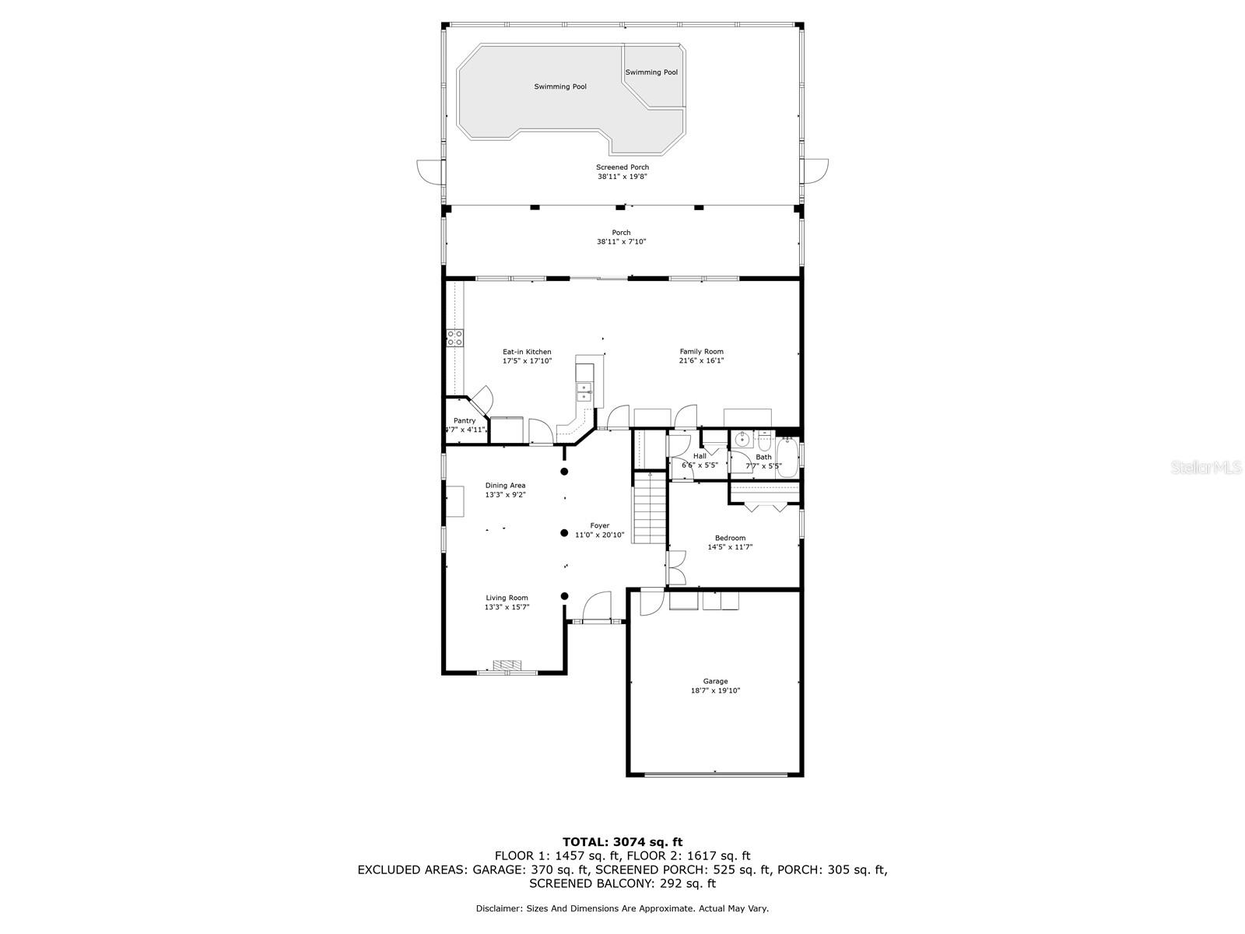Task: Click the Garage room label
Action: (x=714, y=681)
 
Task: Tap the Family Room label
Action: (x=702, y=352)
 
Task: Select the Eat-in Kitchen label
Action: (x=527, y=352)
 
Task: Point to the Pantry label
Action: (x=465, y=421)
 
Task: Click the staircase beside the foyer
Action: (x=650, y=507)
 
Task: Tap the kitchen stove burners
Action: (x=454, y=338)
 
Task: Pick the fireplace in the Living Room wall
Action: (x=507, y=665)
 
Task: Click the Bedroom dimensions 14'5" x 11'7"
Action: (x=730, y=547)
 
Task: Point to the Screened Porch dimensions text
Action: (x=622, y=177)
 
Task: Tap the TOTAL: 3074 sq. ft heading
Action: (x=622, y=842)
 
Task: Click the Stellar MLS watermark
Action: (x=1206, y=467)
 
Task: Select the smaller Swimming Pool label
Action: (x=651, y=72)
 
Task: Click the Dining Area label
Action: (x=505, y=486)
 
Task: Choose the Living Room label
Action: (x=507, y=598)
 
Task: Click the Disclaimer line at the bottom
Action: (x=622, y=908)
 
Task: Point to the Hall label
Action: (x=700, y=456)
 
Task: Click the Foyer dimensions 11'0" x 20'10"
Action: (x=599, y=535)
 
